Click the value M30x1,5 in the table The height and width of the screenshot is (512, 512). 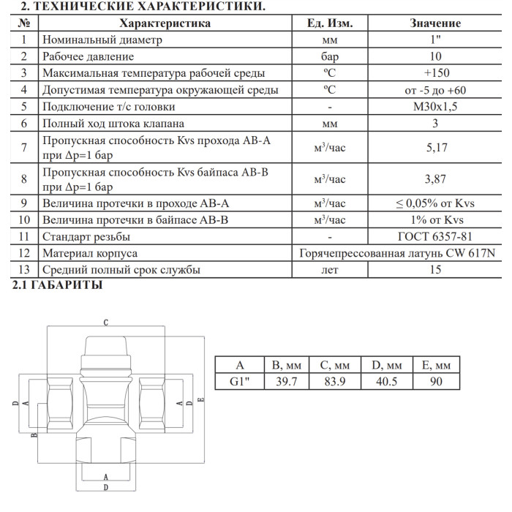pyautogui.click(x=435, y=106)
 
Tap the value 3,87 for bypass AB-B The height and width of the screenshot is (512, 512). pyautogui.click(x=435, y=178)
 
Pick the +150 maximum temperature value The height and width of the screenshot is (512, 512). pyautogui.click(x=436, y=72)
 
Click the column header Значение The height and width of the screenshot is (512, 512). pyautogui.click(x=435, y=23)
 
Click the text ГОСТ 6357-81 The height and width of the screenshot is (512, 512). pyautogui.click(x=435, y=236)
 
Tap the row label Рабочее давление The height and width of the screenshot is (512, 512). pyautogui.click(x=88, y=56)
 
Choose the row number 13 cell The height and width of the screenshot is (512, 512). pyautogui.click(x=24, y=270)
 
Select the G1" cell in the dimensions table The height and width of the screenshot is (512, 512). pyautogui.click(x=239, y=381)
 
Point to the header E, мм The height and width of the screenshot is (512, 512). pyautogui.click(x=437, y=364)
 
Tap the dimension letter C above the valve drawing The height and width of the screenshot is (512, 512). pyautogui.click(x=105, y=322)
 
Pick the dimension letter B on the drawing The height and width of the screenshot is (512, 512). pyautogui.click(x=34, y=436)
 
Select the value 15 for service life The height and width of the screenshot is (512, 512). pyautogui.click(x=435, y=270)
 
